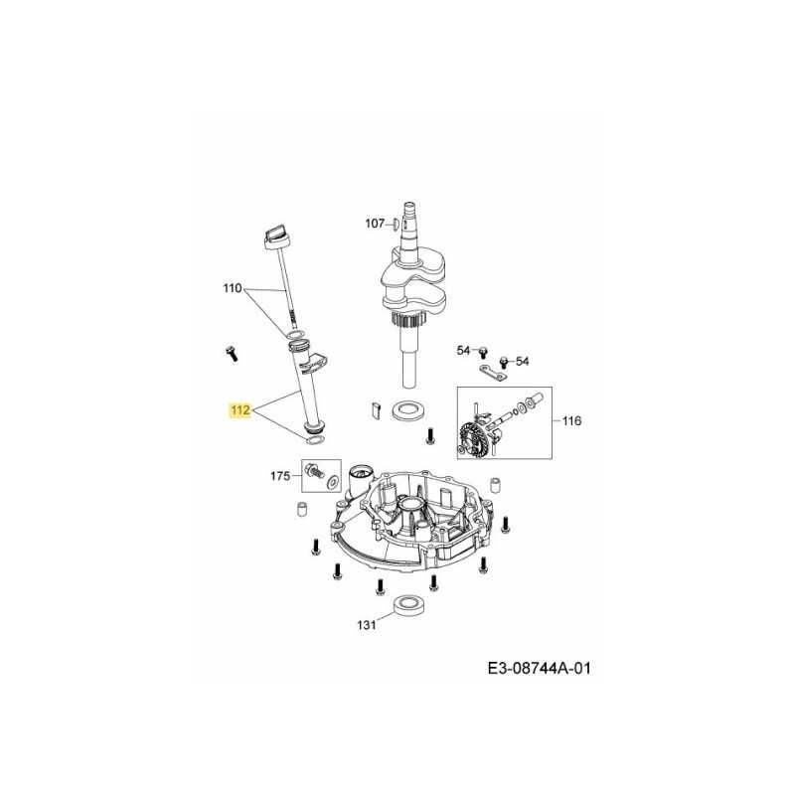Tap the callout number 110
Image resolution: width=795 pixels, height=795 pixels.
click(x=232, y=289)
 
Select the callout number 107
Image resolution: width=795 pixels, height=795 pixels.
click(x=374, y=224)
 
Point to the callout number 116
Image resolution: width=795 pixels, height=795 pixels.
click(x=571, y=421)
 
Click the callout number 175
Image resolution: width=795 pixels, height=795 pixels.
click(x=281, y=477)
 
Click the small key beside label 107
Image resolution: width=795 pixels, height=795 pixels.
click(x=396, y=224)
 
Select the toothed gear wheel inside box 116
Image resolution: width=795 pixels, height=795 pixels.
click(x=471, y=438)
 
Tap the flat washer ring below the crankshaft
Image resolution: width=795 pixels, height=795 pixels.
click(x=405, y=409)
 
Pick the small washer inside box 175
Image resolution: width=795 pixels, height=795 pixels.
click(x=331, y=481)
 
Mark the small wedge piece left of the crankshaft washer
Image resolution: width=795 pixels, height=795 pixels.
click(x=373, y=407)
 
